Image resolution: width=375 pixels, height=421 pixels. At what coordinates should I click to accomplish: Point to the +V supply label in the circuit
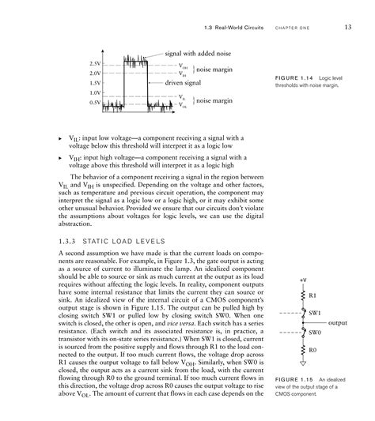[x=303, y=280]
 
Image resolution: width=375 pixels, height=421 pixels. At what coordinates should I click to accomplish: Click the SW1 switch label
[x=315, y=314]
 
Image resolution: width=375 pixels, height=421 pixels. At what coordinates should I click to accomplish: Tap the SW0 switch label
[x=315, y=333]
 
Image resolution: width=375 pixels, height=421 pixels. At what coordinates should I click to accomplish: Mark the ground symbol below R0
[x=303, y=364]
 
